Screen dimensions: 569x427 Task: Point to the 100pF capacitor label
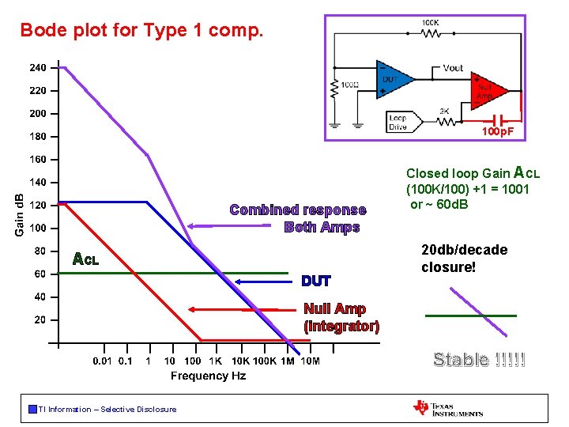498,131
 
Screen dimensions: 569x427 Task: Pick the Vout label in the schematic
454,68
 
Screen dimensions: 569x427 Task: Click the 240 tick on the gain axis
38,68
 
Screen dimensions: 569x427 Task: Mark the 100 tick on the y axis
38,229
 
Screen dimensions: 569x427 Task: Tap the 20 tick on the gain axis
40,320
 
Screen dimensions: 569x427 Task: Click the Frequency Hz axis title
208,376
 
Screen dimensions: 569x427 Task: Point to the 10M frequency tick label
311,361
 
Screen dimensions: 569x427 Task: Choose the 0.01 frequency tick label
103,361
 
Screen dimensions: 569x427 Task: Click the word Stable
460,361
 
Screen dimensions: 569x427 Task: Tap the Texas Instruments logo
448,408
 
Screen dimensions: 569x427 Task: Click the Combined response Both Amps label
298,218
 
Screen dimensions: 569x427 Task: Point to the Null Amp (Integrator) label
341,317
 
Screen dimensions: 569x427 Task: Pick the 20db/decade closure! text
465,259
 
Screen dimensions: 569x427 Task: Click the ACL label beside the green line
85,259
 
